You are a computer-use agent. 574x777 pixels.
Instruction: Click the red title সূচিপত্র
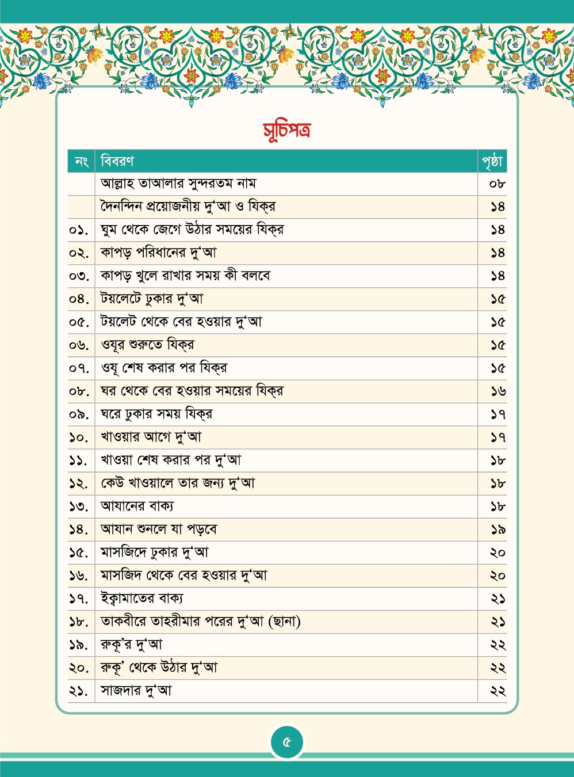[286, 130]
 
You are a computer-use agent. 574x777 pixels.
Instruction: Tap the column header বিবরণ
[117, 161]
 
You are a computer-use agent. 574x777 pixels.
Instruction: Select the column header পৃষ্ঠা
[492, 162]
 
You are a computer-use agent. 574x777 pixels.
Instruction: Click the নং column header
[81, 162]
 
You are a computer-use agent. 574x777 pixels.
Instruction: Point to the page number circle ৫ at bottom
[286, 742]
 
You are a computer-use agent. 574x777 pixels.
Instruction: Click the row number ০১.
[79, 230]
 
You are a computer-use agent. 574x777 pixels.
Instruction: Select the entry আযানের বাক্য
[137, 506]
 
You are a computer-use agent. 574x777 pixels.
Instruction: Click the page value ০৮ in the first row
[497, 184]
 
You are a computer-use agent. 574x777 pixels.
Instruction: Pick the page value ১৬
[498, 391]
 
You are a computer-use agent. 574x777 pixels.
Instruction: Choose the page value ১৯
[498, 530]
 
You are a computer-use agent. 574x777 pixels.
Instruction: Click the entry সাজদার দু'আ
[136, 691]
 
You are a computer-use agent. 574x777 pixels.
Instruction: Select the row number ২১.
[79, 691]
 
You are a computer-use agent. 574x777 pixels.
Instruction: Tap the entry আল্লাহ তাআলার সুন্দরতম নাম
[178, 184]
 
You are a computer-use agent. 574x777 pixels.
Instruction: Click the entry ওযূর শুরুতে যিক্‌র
[148, 345]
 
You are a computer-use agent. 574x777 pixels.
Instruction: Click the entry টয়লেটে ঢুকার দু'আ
[152, 299]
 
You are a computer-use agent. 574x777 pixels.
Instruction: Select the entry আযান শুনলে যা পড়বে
[159, 530]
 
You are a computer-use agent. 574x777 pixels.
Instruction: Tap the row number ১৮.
[79, 622]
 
